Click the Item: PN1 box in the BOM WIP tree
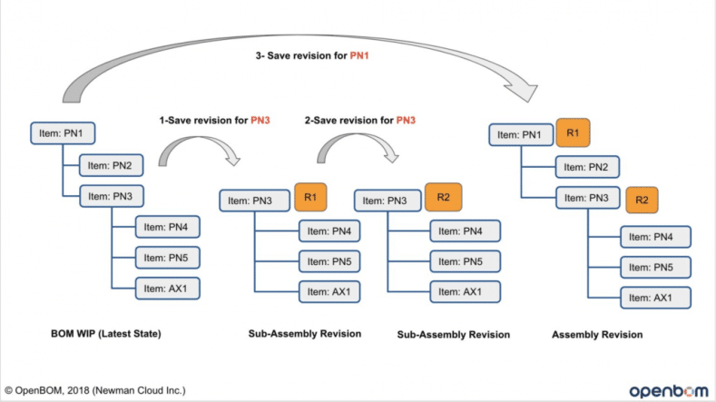pyautogui.click(x=62, y=132)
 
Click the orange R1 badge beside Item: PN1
pyautogui.click(x=573, y=132)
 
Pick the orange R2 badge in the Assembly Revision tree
pyautogui.click(x=641, y=199)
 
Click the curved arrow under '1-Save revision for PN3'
pyautogui.click(x=201, y=149)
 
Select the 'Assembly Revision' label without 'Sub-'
pyautogui.click(x=597, y=335)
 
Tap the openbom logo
pyautogui.click(x=664, y=389)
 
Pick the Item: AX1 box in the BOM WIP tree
pyautogui.click(x=168, y=289)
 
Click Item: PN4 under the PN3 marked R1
pyautogui.click(x=332, y=232)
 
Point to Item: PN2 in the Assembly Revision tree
pyautogui.click(x=588, y=167)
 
